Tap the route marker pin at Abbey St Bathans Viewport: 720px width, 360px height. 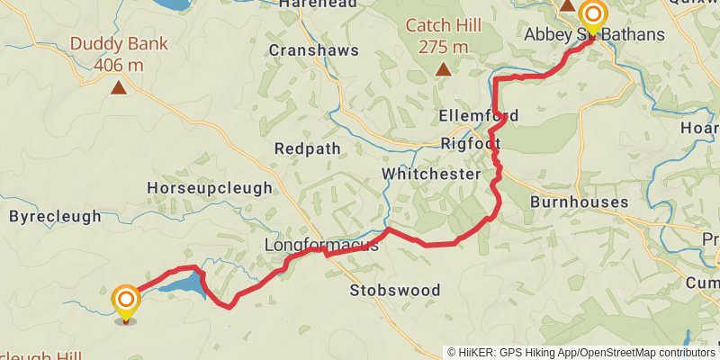[x=592, y=15]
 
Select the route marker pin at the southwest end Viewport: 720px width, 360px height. [x=126, y=301]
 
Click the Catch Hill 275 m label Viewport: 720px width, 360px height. [x=442, y=36]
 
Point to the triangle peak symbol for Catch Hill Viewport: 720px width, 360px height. [x=443, y=68]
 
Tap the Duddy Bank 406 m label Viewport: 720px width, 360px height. [x=118, y=54]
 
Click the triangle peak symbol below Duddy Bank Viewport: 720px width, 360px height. [x=118, y=87]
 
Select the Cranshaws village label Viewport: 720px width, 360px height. [x=313, y=50]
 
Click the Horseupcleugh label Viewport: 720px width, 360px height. [x=208, y=188]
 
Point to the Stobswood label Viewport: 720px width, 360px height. [x=395, y=290]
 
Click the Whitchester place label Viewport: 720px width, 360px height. [x=431, y=174]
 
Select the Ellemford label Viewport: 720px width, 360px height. [x=479, y=116]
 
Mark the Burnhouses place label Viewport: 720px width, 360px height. [x=578, y=202]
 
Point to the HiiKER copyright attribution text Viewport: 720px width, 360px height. [x=581, y=352]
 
